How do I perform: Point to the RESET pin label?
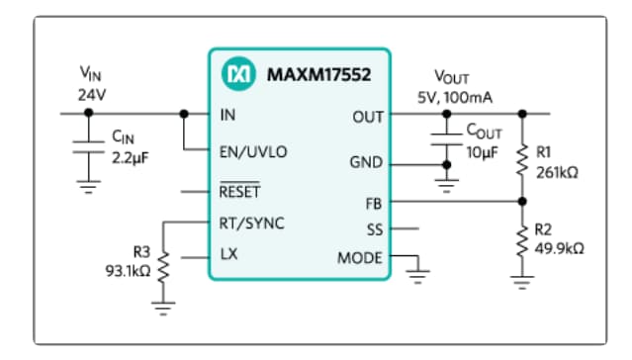(239, 191)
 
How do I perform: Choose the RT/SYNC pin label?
(251, 224)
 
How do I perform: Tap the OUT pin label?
(367, 117)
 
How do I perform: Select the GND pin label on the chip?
(366, 162)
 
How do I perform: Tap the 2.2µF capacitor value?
(128, 155)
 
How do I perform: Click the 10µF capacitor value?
(482, 154)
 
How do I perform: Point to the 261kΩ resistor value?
(556, 170)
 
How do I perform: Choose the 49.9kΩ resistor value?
(559, 247)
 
